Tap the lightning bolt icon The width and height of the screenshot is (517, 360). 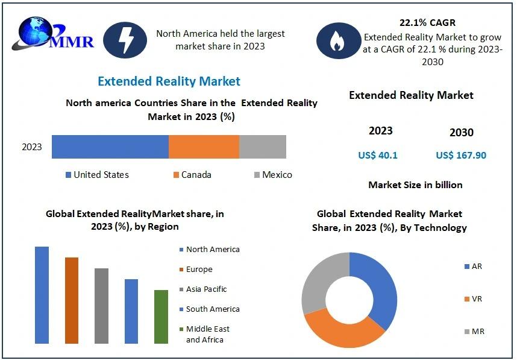(x=125, y=40)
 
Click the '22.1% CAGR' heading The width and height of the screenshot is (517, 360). (x=427, y=23)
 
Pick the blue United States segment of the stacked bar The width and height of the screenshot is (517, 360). (x=110, y=147)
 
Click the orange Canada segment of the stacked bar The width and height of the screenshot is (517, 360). (x=204, y=147)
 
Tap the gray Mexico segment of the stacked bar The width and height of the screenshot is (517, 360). (x=263, y=147)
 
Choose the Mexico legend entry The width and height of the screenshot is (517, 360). (x=272, y=175)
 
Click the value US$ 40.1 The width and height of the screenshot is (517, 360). (x=378, y=155)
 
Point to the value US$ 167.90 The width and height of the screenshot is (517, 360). (x=461, y=155)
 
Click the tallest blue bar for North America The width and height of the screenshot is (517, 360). (x=42, y=295)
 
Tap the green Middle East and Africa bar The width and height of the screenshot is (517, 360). (x=161, y=317)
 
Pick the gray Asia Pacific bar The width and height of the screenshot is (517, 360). (x=101, y=306)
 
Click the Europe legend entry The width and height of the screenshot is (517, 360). (x=199, y=269)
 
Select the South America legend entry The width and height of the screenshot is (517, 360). (x=212, y=309)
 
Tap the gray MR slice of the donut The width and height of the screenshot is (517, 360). (x=320, y=280)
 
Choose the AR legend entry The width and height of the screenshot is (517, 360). (x=476, y=266)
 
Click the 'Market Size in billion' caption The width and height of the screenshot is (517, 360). (x=415, y=185)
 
